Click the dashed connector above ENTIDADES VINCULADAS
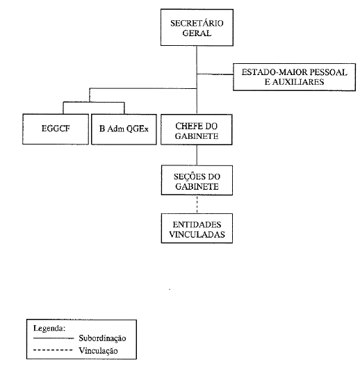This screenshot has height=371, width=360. (x=197, y=204)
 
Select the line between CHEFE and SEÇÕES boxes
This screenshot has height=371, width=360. (x=197, y=155)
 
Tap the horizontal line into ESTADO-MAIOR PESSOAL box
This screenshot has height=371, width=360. (x=215, y=74)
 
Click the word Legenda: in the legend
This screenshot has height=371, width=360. (x=49, y=329)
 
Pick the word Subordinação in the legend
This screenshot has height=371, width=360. (x=102, y=338)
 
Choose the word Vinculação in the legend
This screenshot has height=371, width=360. (x=98, y=350)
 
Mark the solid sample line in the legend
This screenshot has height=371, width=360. (x=54, y=338)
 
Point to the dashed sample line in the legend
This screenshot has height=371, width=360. (x=53, y=350)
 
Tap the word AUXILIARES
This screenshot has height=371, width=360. (x=298, y=82)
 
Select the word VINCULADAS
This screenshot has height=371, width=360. (x=197, y=234)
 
